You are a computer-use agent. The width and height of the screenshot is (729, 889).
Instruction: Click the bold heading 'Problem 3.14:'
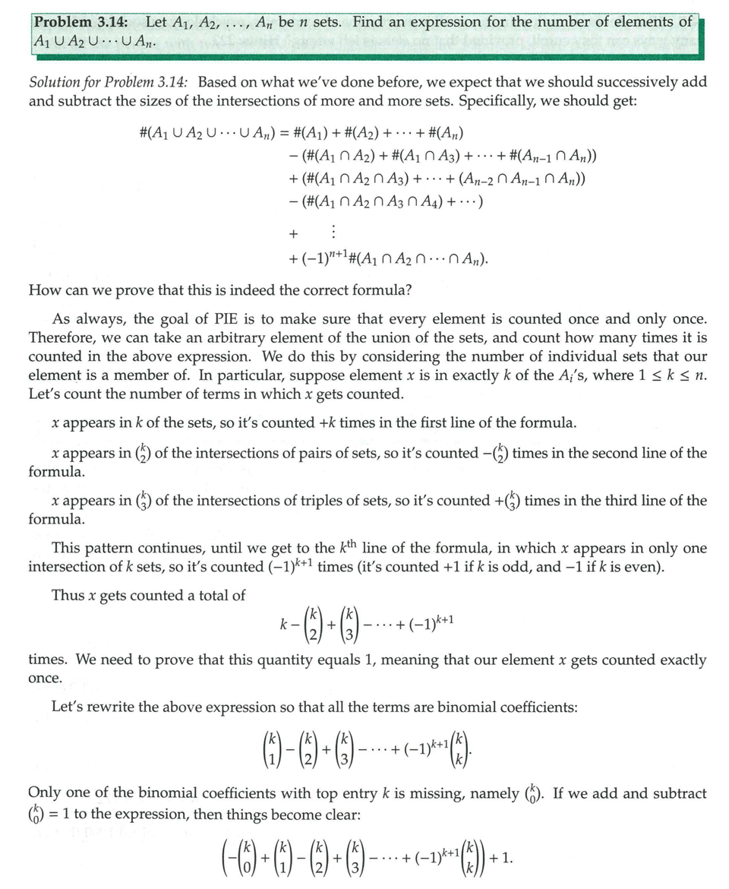click(80, 23)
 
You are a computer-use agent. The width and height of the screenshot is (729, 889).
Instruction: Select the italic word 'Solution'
click(55, 82)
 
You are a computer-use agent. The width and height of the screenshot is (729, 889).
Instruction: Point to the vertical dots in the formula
click(333, 231)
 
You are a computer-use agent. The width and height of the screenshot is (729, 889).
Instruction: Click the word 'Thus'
click(67, 596)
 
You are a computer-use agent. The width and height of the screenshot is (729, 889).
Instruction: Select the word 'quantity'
click(282, 660)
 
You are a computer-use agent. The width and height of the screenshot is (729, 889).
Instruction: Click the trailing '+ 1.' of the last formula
click(500, 859)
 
